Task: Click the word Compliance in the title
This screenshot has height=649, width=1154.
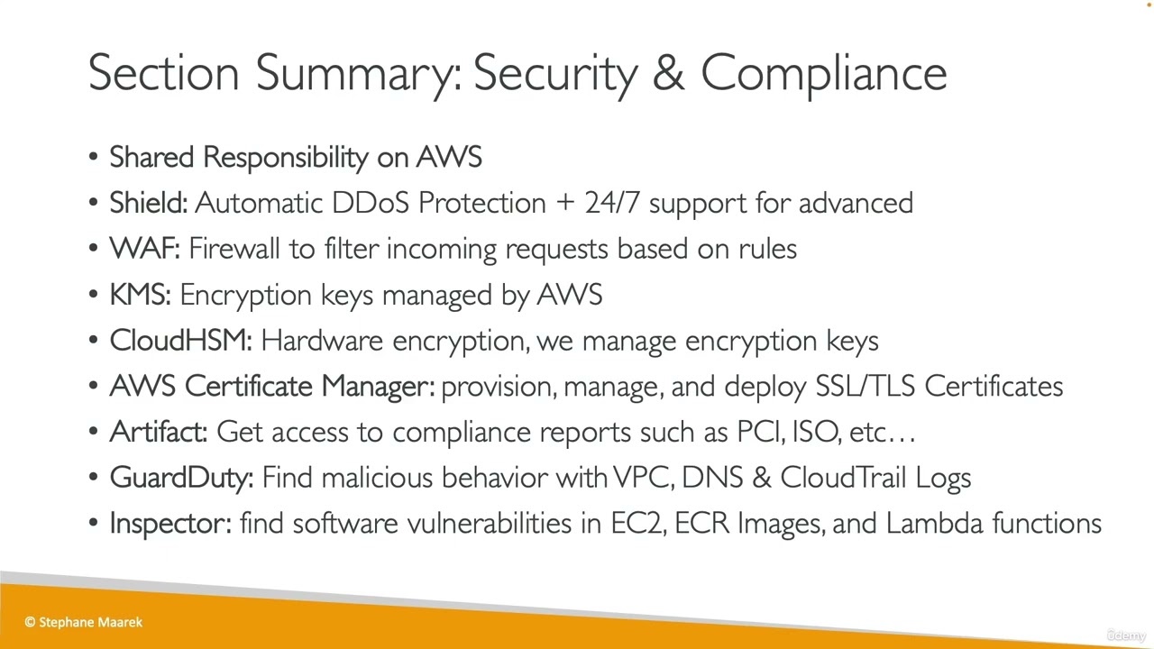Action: (x=823, y=73)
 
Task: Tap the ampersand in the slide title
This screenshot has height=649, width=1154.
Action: (x=668, y=73)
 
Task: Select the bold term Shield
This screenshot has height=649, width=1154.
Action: (x=148, y=204)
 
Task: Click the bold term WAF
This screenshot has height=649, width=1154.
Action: (x=144, y=249)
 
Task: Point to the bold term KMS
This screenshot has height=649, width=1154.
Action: (x=140, y=295)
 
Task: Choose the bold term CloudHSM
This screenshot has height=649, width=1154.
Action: (x=180, y=341)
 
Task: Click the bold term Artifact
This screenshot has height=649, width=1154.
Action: (x=158, y=432)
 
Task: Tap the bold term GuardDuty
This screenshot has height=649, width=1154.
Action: (x=181, y=478)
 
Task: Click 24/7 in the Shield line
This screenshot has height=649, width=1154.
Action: (x=612, y=204)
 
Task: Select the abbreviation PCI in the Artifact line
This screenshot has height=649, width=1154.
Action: (x=759, y=432)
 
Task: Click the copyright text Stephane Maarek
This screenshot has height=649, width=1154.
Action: (x=90, y=622)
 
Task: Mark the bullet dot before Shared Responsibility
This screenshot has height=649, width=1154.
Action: (x=94, y=158)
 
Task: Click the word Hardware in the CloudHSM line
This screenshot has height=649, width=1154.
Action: (x=322, y=341)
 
